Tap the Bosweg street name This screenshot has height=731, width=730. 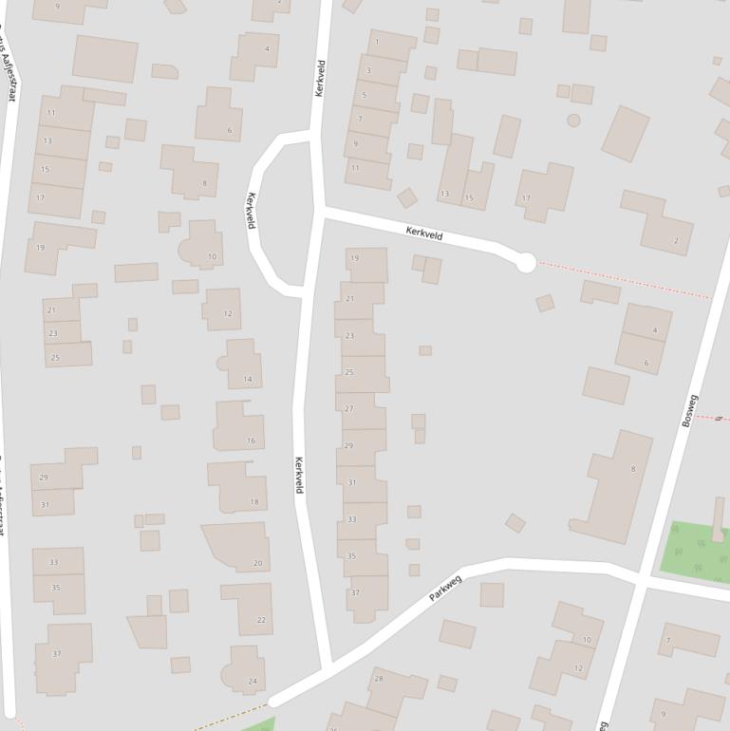pos(690,410)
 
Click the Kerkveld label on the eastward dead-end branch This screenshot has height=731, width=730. pos(424,234)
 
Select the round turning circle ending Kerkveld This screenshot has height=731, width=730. pos(526,263)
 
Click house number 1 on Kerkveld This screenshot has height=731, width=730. pos(378,42)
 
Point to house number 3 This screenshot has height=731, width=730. pos(368,70)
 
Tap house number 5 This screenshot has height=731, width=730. pos(365,95)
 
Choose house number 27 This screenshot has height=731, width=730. pos(348,409)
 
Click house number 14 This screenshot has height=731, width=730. pos(248,379)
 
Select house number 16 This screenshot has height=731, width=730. pos(251,440)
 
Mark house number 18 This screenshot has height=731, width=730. pos(254,501)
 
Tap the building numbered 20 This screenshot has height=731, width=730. pos(257,563)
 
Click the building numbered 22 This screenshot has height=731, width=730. pos(261,620)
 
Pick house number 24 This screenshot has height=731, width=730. pos(253,681)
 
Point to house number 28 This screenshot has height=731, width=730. pos(379,678)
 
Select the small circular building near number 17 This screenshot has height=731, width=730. pos(573,121)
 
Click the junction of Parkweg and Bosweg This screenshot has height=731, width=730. pos(642,579)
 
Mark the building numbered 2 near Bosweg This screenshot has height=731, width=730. pos(676,240)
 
